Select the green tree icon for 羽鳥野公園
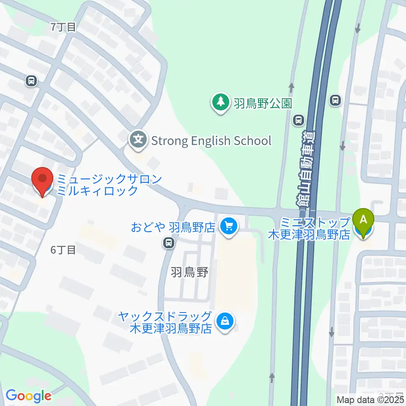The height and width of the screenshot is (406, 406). (220, 103)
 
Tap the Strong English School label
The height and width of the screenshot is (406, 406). (211, 140)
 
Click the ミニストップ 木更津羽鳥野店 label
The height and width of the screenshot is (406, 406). (310, 228)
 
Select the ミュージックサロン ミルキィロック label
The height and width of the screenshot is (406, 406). (109, 185)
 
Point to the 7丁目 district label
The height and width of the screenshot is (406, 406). (63, 27)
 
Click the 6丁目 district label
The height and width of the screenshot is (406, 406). (63, 250)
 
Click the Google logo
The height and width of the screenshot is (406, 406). (28, 396)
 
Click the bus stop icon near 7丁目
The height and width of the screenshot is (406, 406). (31, 80)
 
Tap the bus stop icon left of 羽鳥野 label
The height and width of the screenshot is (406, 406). (169, 243)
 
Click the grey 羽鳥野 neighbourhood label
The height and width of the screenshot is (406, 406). (189, 273)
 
